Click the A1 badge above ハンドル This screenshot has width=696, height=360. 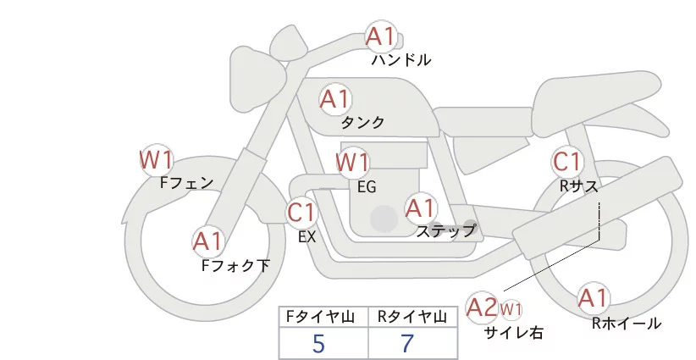[x=380, y=36]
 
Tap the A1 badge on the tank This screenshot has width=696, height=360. [x=334, y=99]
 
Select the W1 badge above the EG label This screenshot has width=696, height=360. [x=352, y=161]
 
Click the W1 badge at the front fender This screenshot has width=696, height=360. [x=156, y=158]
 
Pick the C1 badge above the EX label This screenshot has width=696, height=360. [x=301, y=211]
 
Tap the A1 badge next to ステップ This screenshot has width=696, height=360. [x=420, y=207]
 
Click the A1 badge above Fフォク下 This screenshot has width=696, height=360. [x=207, y=242]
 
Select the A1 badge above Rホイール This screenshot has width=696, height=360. [x=593, y=297]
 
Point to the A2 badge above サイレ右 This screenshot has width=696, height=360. [x=482, y=307]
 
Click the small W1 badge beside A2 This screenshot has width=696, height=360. [x=511, y=308]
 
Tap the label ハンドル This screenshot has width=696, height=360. [x=401, y=60]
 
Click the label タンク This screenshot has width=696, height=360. [x=362, y=123]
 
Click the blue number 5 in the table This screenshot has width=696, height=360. [x=318, y=344]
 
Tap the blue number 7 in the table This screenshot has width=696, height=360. [x=407, y=344]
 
